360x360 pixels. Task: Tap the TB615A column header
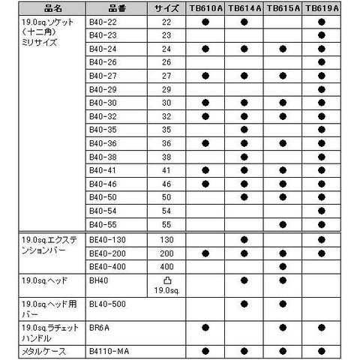pos(283,8)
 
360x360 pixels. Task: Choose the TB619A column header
pos(321,8)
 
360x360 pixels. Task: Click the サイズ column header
pos(166,8)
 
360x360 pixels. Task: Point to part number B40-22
pos(102,22)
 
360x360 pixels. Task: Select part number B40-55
pos(102,223)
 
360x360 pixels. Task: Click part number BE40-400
pos(106,265)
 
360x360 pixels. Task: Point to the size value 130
pos(166,239)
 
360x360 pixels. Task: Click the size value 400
pos(166,265)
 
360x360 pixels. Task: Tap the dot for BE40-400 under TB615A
pos(283,265)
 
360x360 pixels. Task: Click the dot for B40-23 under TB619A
pos(321,35)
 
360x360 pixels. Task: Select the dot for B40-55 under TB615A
pos(283,223)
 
